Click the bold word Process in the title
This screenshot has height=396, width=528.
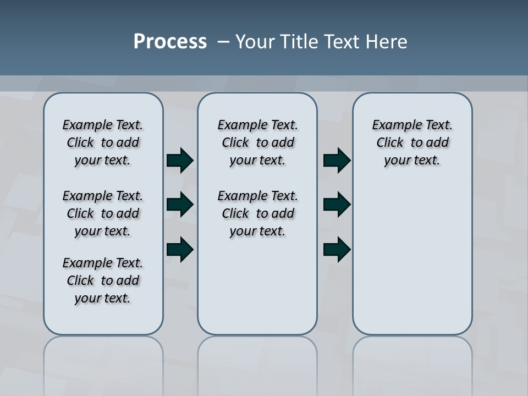click(170, 42)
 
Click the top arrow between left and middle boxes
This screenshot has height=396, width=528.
click(180, 161)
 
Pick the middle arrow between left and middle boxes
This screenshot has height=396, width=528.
click(180, 205)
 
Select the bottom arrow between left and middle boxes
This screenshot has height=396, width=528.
click(180, 249)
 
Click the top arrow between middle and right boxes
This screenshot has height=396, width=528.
click(337, 161)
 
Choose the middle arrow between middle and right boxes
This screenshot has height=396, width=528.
click(337, 205)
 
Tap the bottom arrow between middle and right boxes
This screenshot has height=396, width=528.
click(337, 249)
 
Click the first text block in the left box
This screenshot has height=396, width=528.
click(103, 142)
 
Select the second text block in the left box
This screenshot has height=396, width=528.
click(103, 213)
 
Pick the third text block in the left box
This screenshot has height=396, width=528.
click(103, 280)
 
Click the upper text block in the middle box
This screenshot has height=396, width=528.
click(257, 142)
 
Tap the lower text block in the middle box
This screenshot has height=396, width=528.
click(257, 213)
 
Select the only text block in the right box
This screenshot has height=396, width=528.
click(412, 142)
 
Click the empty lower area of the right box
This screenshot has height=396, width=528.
click(412, 264)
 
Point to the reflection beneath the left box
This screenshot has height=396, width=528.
click(103, 363)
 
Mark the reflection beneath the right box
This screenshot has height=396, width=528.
click(412, 363)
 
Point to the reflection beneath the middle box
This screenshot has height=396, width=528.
click(257, 363)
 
